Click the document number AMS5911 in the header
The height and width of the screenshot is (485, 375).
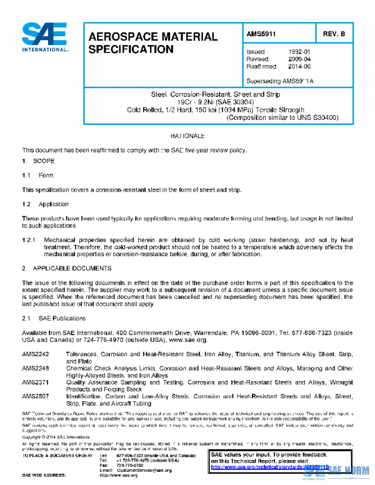tap(262, 34)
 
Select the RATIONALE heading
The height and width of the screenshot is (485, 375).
tap(187, 136)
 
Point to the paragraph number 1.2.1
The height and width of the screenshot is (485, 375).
tap(29, 239)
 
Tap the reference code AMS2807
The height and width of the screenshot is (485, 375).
tap(35, 396)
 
